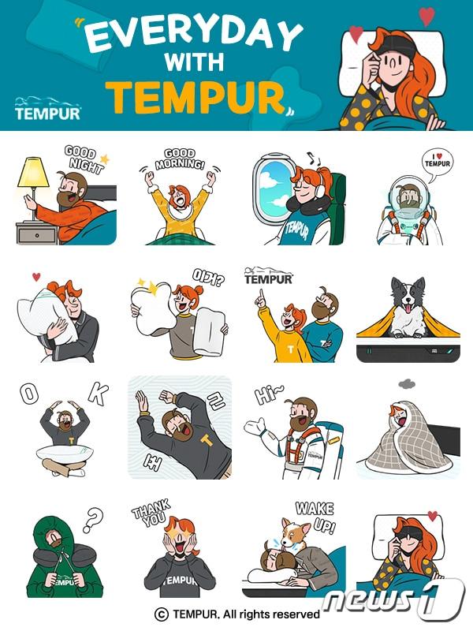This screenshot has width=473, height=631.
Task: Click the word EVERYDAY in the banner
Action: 193,34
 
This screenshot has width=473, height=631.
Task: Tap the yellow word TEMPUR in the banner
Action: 196,98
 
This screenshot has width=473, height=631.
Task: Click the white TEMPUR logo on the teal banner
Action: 47,108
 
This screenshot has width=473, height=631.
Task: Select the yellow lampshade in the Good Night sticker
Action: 34,172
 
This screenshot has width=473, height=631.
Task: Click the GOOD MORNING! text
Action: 181,159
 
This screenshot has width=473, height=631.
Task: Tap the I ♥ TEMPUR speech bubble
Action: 438,162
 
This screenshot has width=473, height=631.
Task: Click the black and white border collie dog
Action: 408,308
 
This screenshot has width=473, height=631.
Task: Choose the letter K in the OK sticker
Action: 99,394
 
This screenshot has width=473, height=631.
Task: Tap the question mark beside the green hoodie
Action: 93,520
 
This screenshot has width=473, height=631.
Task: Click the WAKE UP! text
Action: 316,517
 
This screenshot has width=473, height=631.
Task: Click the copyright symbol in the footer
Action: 162,614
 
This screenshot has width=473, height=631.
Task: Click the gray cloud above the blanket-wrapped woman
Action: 407,384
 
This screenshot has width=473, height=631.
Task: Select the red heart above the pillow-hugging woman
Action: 36,277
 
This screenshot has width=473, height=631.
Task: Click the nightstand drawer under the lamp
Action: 37,235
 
